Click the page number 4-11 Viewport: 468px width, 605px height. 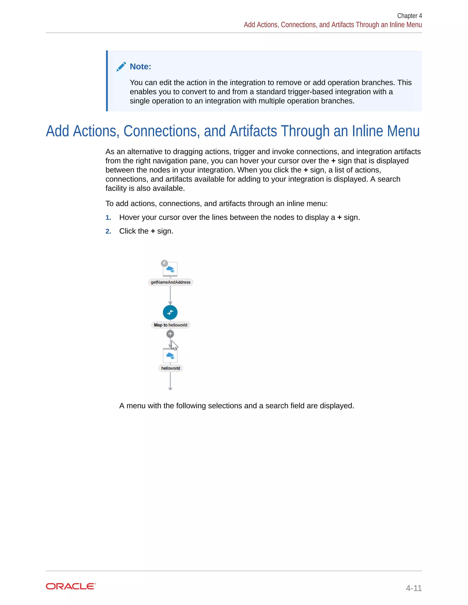pyautogui.click(x=413, y=588)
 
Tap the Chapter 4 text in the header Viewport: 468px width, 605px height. pyautogui.click(x=409, y=16)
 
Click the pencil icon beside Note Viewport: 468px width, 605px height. pyautogui.click(x=121, y=67)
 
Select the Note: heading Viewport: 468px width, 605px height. pyautogui.click(x=140, y=67)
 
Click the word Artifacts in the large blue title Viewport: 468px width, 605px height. pyautogui.click(x=253, y=131)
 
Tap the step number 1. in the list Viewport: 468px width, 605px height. pyautogui.click(x=108, y=218)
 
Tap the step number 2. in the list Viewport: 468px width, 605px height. pyautogui.click(x=108, y=231)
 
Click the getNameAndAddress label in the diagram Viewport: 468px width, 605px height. pyautogui.click(x=170, y=282)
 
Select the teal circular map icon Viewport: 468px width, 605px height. pyautogui.click(x=170, y=313)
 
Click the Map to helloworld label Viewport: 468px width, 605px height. pyautogui.click(x=170, y=325)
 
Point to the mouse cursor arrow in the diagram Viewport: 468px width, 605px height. pyautogui.click(x=174, y=345)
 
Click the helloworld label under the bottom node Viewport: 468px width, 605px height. pyautogui.click(x=170, y=368)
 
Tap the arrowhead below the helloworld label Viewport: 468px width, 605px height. pyautogui.click(x=170, y=388)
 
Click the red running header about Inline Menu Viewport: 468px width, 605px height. pyautogui.click(x=333, y=25)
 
